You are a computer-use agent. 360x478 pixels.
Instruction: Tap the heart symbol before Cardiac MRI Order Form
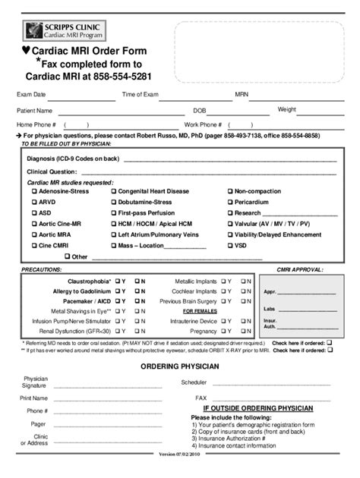click(25, 52)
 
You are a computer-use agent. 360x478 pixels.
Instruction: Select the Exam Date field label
click(31, 95)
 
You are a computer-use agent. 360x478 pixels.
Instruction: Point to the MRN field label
click(242, 95)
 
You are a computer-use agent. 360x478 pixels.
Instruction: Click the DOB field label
click(200, 110)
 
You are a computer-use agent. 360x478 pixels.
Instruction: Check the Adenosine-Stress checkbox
click(34, 192)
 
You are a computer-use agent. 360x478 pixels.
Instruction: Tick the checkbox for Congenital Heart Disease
click(114, 192)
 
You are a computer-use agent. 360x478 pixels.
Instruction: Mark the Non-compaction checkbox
click(230, 192)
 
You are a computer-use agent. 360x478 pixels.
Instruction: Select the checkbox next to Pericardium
click(230, 203)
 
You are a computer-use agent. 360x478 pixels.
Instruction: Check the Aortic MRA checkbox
click(34, 235)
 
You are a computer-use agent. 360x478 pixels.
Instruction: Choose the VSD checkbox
click(230, 246)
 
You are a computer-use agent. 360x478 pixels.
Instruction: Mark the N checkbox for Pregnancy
click(245, 332)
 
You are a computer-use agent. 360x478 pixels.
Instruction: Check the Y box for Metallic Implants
click(224, 281)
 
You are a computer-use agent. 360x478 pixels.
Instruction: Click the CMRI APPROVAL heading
click(301, 269)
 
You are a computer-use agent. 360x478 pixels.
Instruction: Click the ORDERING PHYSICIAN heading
click(180, 366)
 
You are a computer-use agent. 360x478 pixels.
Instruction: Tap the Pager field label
click(38, 424)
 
